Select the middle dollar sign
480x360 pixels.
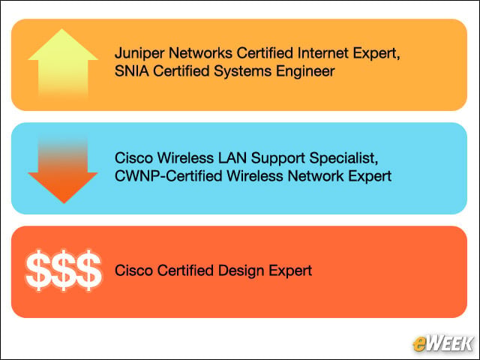(x=64, y=271)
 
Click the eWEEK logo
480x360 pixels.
(x=442, y=344)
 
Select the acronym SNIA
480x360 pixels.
(x=132, y=71)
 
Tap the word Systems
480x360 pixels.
(x=242, y=72)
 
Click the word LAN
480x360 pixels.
(x=232, y=158)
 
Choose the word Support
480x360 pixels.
(x=278, y=158)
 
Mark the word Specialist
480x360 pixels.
(x=343, y=158)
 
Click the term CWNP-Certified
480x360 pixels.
(x=168, y=176)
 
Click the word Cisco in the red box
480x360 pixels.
(x=133, y=270)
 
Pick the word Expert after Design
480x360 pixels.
(x=290, y=271)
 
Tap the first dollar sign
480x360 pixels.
(x=38, y=271)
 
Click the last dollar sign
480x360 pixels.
(x=89, y=271)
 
